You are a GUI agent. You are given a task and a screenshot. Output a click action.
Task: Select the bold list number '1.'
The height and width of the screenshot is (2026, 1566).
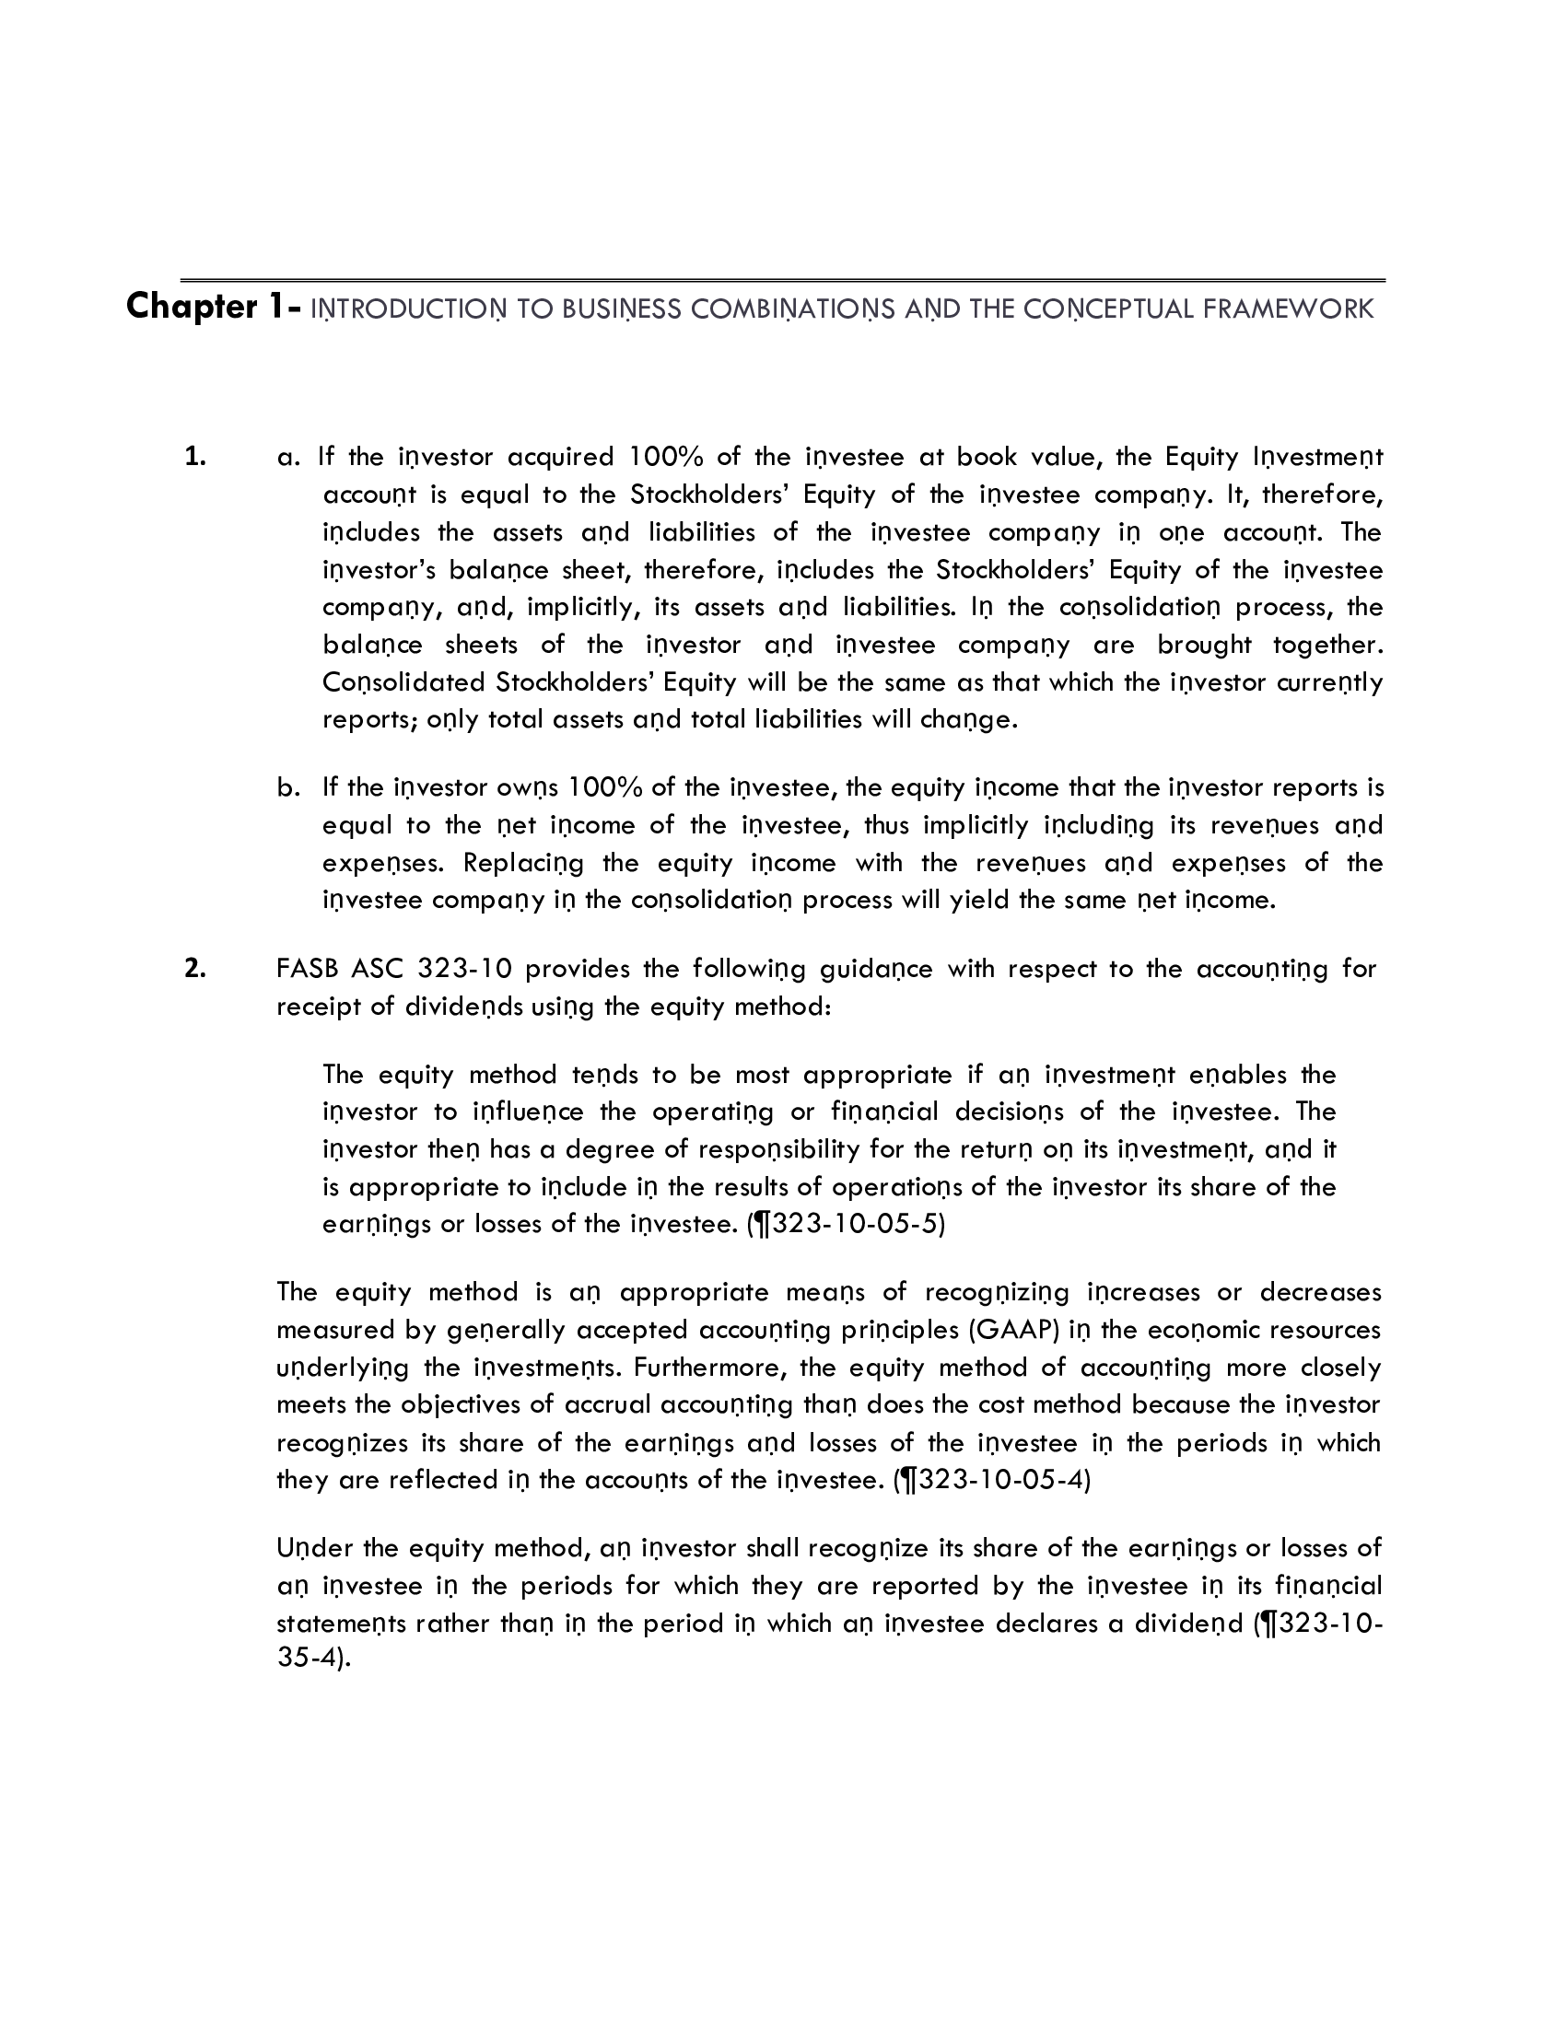[194, 457]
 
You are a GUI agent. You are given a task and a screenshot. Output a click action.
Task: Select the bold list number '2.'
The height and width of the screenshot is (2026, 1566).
[194, 969]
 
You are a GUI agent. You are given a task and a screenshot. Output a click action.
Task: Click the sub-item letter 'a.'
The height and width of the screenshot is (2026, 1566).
[288, 457]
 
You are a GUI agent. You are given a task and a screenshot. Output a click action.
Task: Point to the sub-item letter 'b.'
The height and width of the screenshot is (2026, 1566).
[288, 787]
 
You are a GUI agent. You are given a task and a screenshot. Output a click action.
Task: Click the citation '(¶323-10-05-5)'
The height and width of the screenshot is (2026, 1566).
[846, 1225]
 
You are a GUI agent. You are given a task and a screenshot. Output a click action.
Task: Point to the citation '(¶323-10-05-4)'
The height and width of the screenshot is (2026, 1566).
[992, 1480]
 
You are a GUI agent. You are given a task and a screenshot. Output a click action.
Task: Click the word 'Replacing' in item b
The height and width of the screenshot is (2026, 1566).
[523, 863]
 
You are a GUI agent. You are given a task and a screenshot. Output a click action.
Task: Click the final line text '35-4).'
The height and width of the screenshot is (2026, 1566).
[313, 1658]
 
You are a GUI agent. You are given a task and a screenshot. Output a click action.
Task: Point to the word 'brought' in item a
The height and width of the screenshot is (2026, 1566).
[1204, 645]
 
